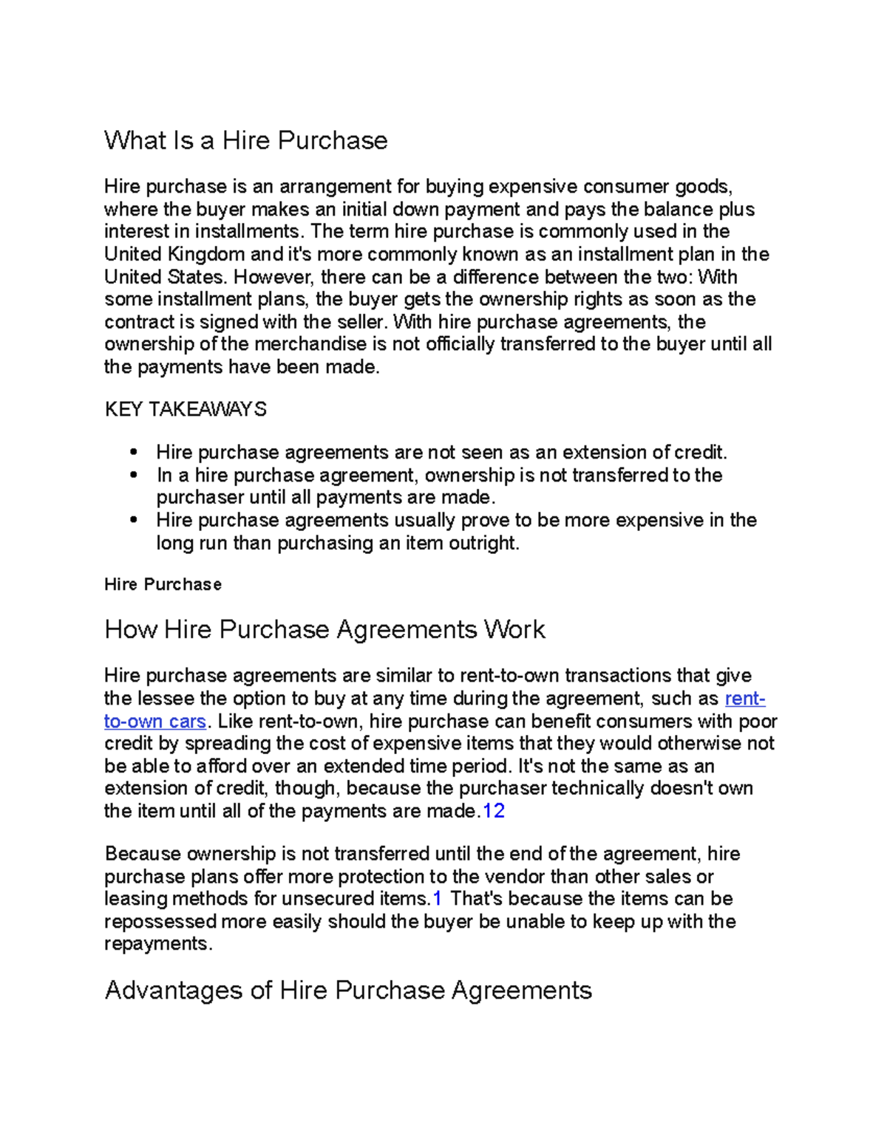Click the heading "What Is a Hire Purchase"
[245, 140]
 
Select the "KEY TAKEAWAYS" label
[186, 409]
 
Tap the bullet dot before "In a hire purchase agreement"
[134, 475]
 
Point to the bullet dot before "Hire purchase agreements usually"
[134, 520]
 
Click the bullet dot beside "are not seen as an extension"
[134, 452]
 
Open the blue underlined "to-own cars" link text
[154, 722]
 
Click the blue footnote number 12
[493, 812]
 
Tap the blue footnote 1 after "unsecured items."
[437, 899]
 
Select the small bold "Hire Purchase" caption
[163, 585]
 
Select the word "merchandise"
[310, 345]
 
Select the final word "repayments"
[157, 945]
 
